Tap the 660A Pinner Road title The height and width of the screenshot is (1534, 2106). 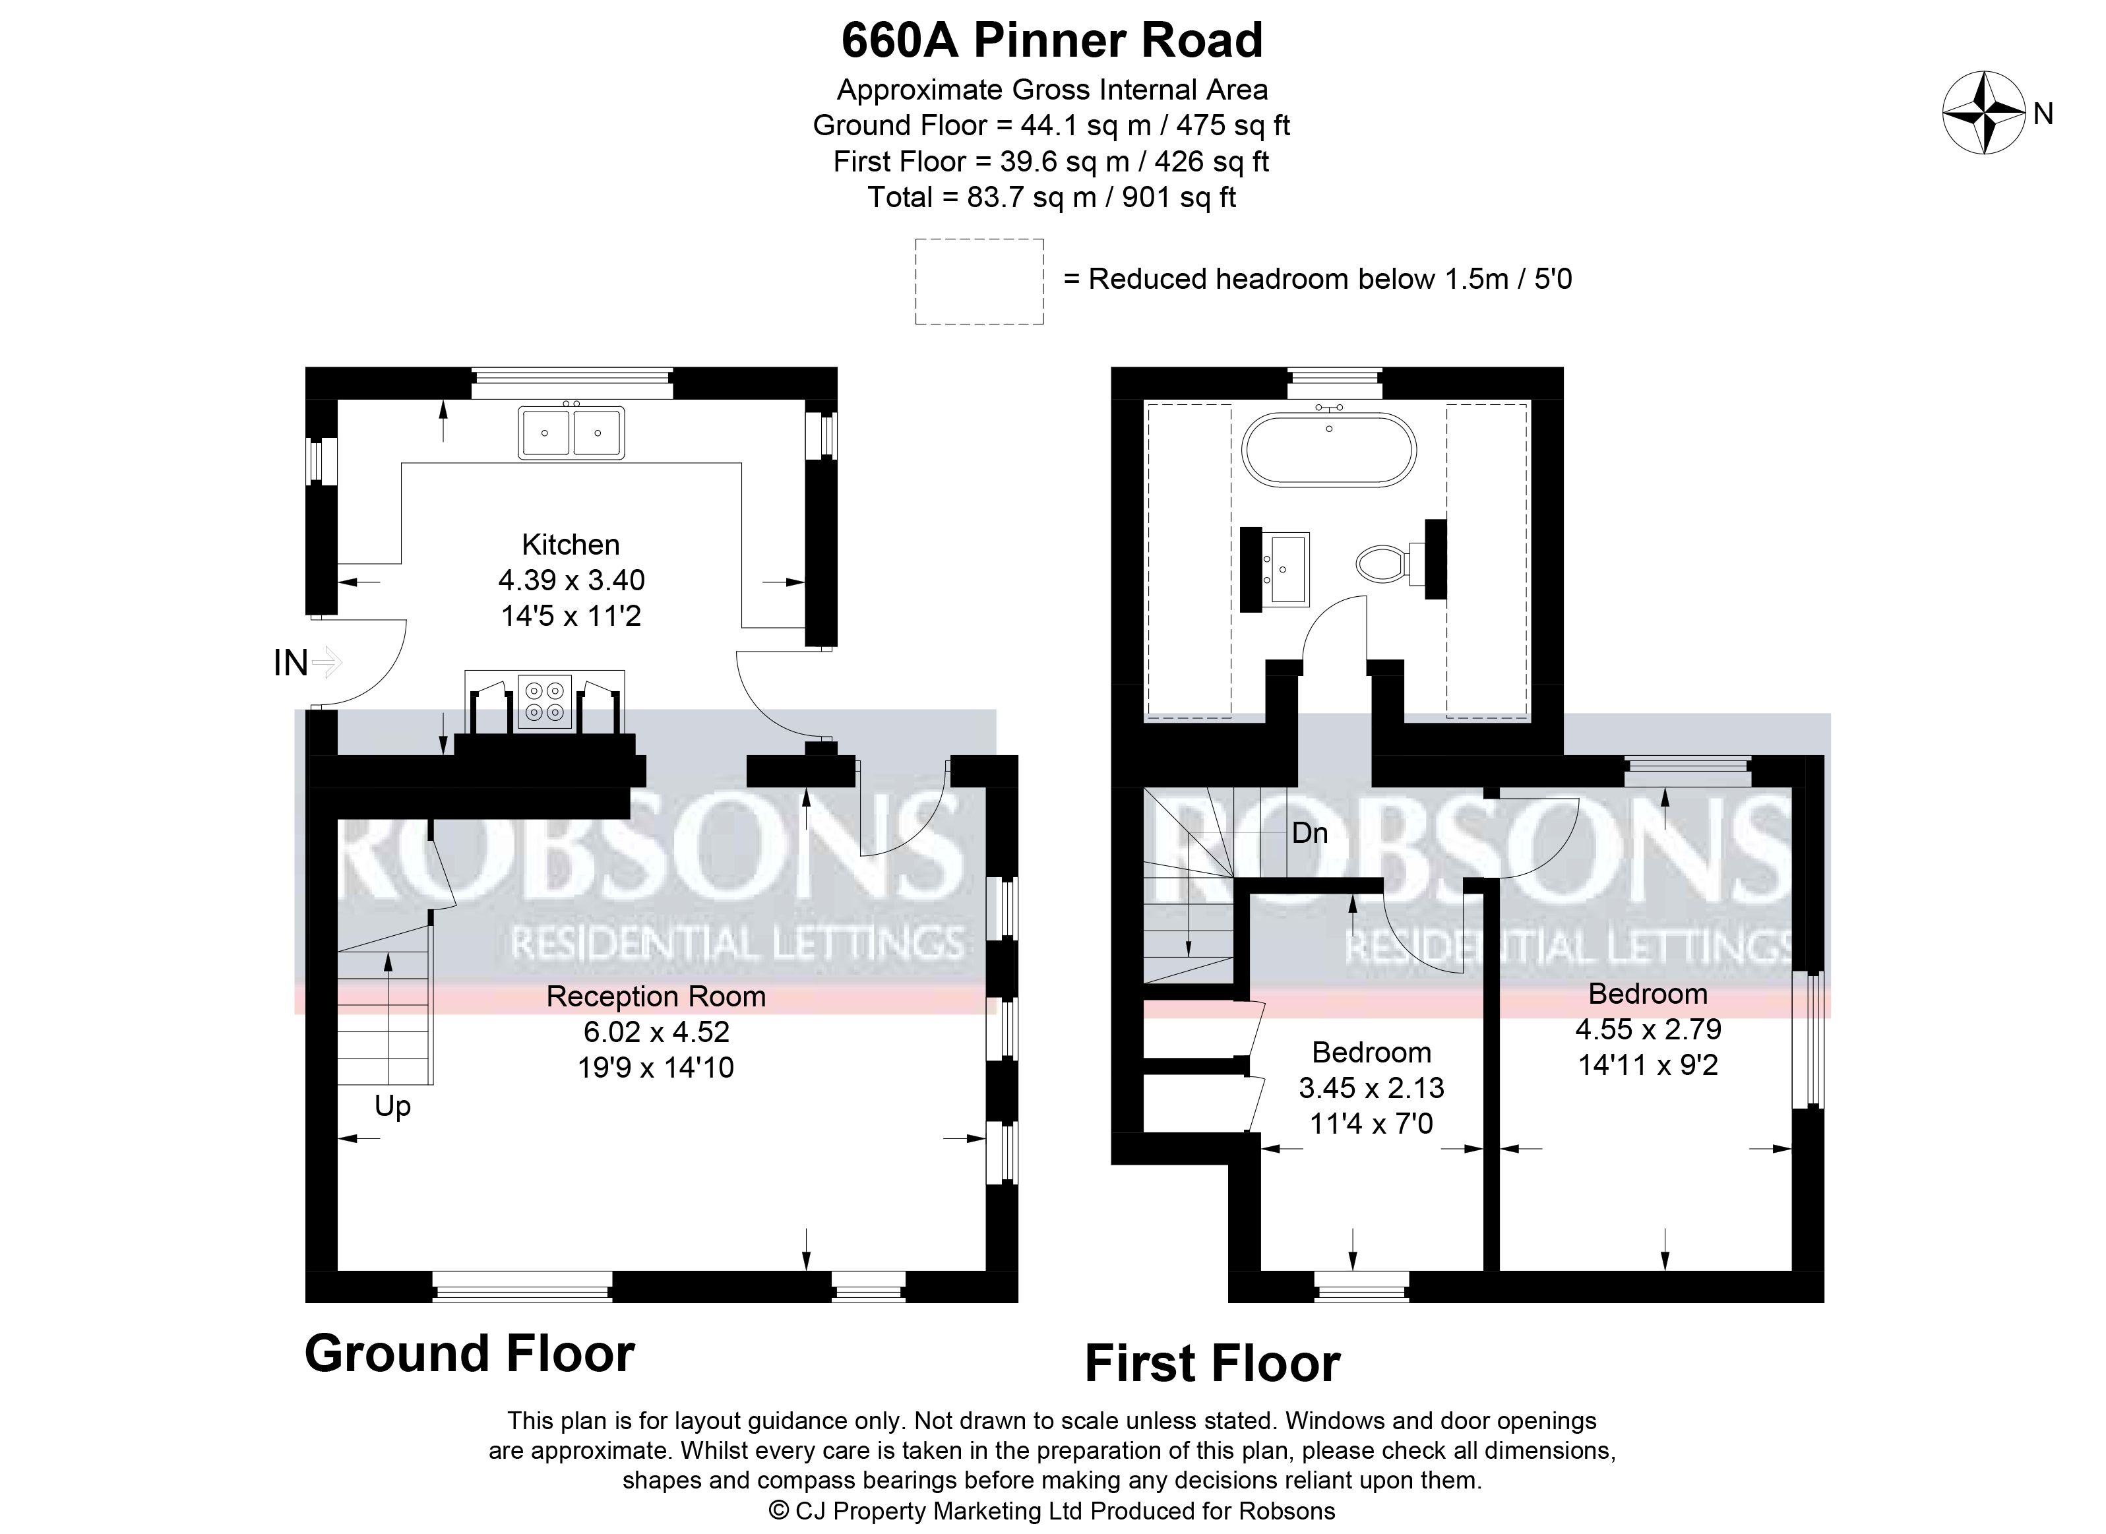[1052, 40]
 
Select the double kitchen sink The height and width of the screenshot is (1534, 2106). [571, 433]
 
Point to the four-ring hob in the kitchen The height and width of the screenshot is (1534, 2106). [545, 701]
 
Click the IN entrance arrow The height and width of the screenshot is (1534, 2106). [328, 663]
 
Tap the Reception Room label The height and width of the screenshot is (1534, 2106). [656, 997]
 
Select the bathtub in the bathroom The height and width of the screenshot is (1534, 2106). [1330, 449]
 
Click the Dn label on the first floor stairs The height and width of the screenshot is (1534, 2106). [1309, 833]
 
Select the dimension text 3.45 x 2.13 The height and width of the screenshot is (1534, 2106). [1371, 1088]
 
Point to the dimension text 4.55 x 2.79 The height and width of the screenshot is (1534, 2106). [1648, 1029]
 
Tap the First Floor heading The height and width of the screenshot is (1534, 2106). [1213, 1363]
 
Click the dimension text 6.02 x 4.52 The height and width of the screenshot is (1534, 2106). [656, 1031]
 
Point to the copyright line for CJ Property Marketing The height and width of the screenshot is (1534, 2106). [1052, 1511]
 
